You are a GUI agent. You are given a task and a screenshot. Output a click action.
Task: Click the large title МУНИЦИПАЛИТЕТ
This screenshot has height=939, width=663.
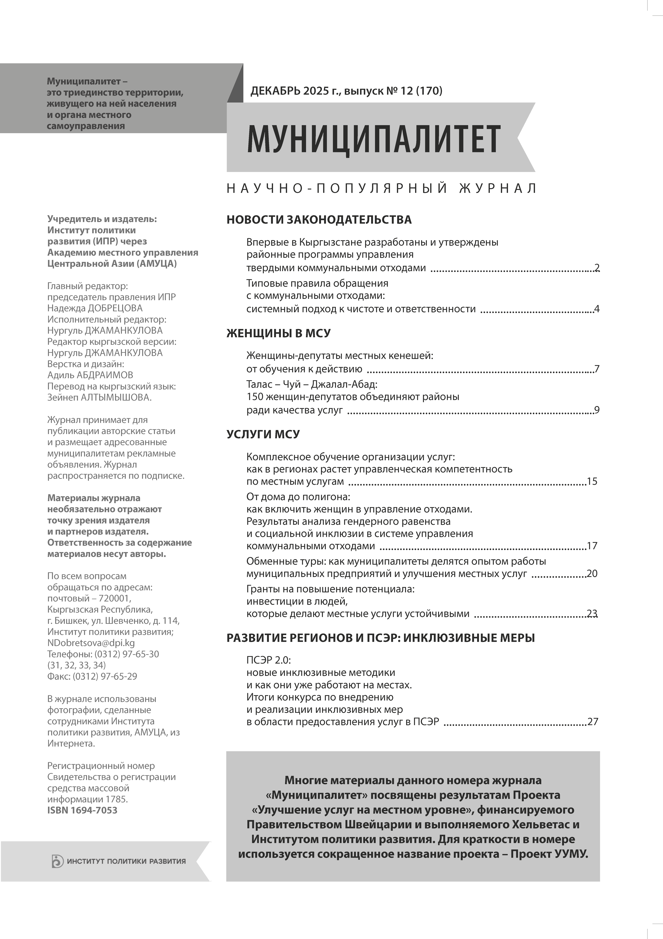pos(373,139)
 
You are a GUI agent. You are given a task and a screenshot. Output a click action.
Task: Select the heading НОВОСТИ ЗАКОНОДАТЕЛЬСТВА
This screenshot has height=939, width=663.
pos(319,220)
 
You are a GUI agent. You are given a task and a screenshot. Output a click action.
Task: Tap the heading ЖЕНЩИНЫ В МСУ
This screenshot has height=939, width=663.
pos(279,333)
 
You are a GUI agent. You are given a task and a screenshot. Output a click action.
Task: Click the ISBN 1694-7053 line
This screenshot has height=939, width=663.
pos(82,810)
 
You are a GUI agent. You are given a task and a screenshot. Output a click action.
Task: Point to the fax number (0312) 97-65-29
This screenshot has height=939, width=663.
pos(105,676)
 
